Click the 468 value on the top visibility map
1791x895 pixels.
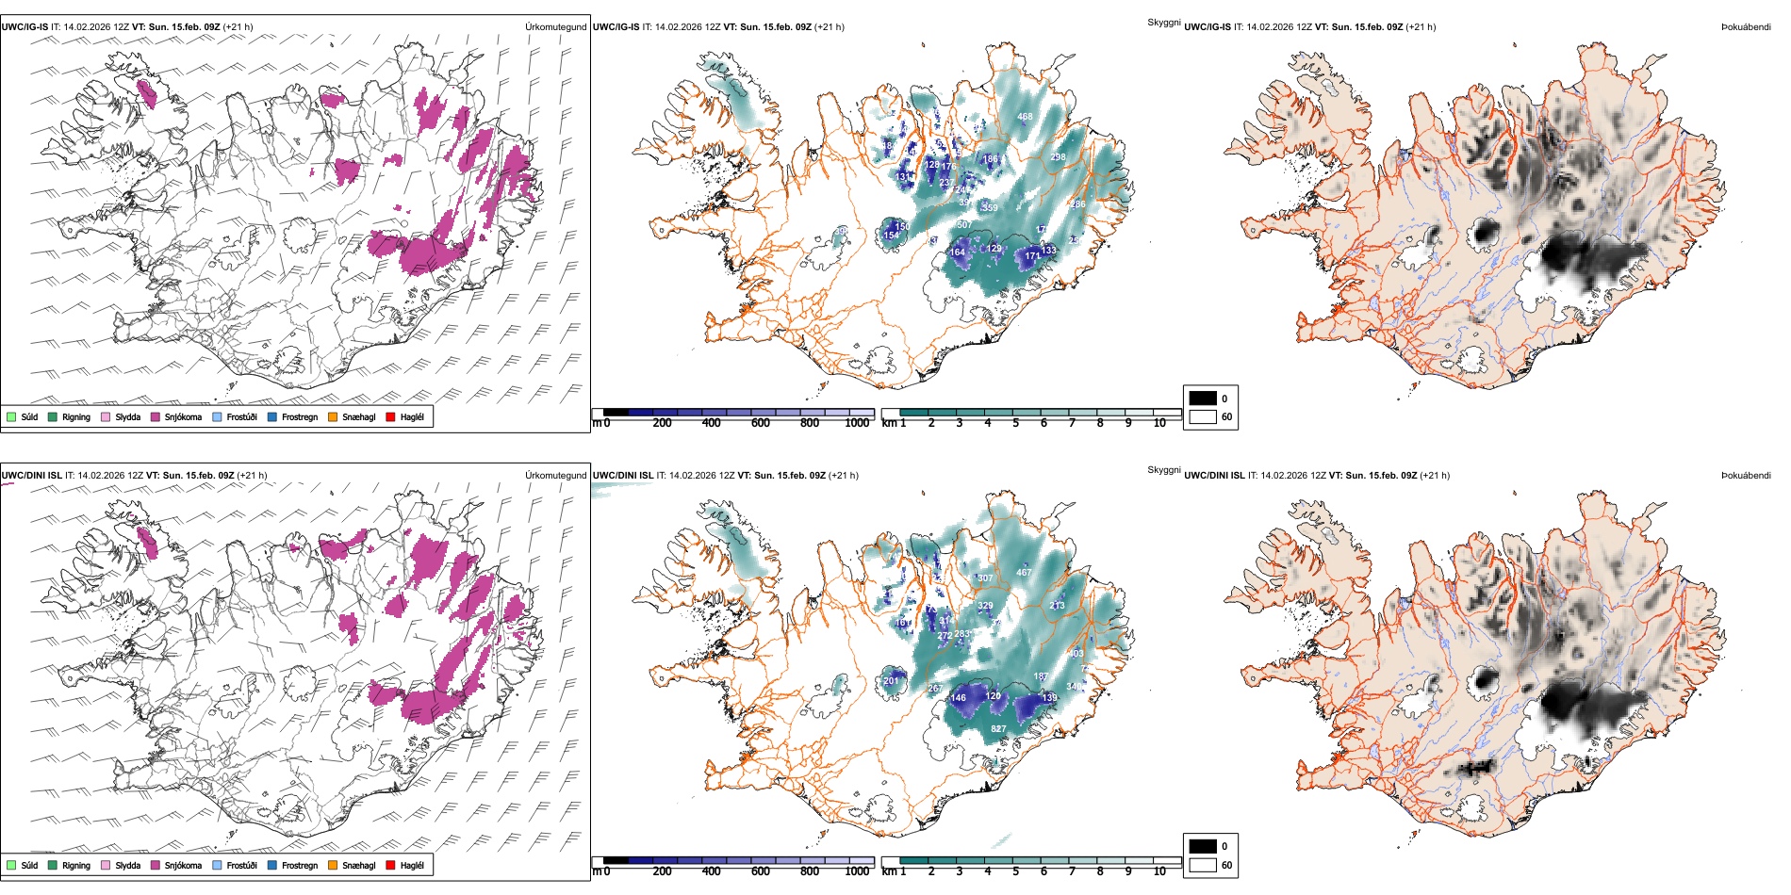coord(1025,117)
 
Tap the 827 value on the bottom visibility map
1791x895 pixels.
coord(998,729)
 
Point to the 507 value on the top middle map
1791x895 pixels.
coord(963,225)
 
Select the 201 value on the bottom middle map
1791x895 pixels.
coord(891,681)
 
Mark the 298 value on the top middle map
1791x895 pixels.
coord(1058,157)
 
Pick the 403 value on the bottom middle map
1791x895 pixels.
coord(1076,654)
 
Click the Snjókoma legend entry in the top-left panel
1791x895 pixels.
coord(183,417)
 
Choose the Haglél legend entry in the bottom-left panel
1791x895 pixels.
coord(412,866)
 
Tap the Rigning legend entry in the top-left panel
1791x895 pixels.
coord(76,417)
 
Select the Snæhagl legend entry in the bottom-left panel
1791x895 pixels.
coord(358,866)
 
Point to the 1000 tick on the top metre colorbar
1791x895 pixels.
coord(857,424)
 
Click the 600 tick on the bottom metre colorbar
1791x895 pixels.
coord(761,872)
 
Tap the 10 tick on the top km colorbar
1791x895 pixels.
coord(1159,424)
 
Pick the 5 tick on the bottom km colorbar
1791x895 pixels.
coord(1015,872)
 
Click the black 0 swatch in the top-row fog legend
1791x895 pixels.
coord(1203,399)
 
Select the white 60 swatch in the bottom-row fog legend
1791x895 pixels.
coord(1203,865)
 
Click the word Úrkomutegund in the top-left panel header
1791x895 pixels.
coord(555,27)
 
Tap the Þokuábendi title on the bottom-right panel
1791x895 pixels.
coord(1746,476)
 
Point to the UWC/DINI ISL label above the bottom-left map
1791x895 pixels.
coord(31,476)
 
